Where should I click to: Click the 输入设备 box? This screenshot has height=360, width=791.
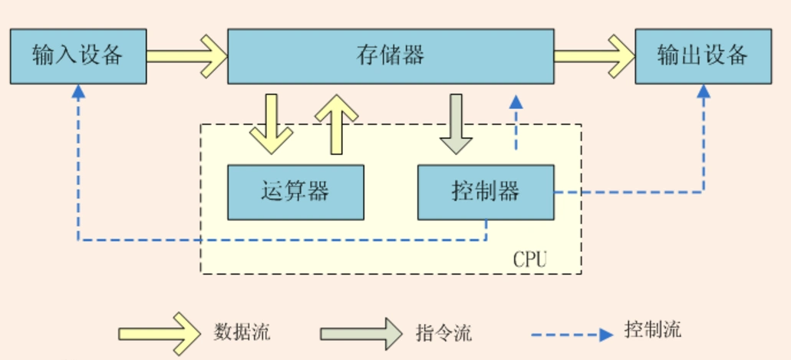[x=77, y=56]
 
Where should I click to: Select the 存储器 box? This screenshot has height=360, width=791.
[x=391, y=56]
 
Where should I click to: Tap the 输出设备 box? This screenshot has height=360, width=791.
[x=702, y=56]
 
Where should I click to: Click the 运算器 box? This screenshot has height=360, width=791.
[x=295, y=191]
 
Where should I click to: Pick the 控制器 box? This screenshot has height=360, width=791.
[x=485, y=191]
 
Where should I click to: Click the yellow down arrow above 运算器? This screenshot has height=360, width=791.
[x=271, y=123]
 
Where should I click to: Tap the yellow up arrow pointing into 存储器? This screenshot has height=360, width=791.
[x=336, y=123]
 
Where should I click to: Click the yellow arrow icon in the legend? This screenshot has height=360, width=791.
[x=157, y=334]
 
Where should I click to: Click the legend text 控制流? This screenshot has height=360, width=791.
[x=653, y=331]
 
